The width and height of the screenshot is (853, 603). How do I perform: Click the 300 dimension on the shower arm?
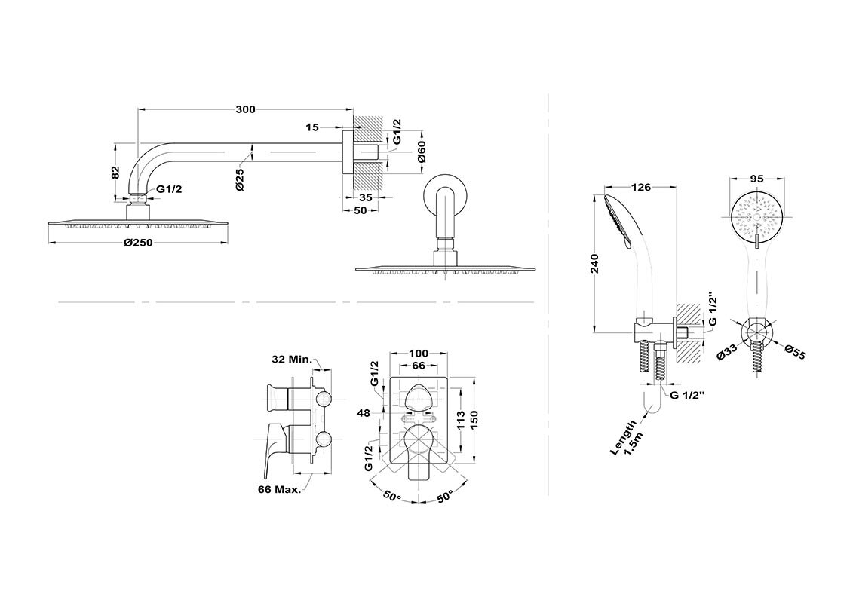point(245,109)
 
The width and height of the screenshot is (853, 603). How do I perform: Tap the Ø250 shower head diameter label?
point(138,243)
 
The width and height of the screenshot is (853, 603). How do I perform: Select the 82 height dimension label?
point(115,173)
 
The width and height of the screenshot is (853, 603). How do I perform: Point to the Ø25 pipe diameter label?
point(240,179)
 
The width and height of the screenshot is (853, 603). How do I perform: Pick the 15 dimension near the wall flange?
point(311,127)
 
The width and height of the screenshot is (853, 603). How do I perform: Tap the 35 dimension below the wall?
point(366,197)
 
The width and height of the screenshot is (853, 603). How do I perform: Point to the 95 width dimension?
point(756,179)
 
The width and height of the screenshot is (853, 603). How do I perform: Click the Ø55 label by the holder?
point(794,351)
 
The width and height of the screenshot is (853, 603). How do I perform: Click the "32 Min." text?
point(292,359)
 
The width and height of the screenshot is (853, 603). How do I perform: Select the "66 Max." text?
point(280,489)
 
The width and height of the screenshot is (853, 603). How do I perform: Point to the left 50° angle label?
point(391,497)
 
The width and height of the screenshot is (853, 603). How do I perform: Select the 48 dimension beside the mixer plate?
point(364,413)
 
